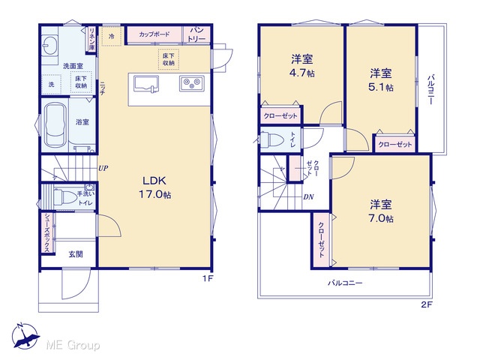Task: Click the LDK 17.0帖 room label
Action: point(155,187)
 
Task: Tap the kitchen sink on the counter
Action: point(146,84)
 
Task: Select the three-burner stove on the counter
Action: point(192,83)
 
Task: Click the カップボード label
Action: point(154,34)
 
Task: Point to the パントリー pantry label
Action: point(196,34)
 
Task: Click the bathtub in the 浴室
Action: point(55,124)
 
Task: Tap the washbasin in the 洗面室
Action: point(49,45)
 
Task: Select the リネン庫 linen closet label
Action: point(91,39)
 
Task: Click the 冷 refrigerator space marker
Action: point(112,37)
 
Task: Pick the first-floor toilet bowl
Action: point(64,196)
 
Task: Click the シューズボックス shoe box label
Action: point(48,233)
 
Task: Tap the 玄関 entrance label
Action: point(75,254)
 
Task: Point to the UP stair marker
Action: point(103,168)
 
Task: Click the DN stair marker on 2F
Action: point(308,197)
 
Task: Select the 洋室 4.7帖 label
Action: point(302,66)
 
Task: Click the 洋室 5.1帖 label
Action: point(381,80)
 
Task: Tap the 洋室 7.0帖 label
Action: point(381,211)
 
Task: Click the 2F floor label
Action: point(427,305)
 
